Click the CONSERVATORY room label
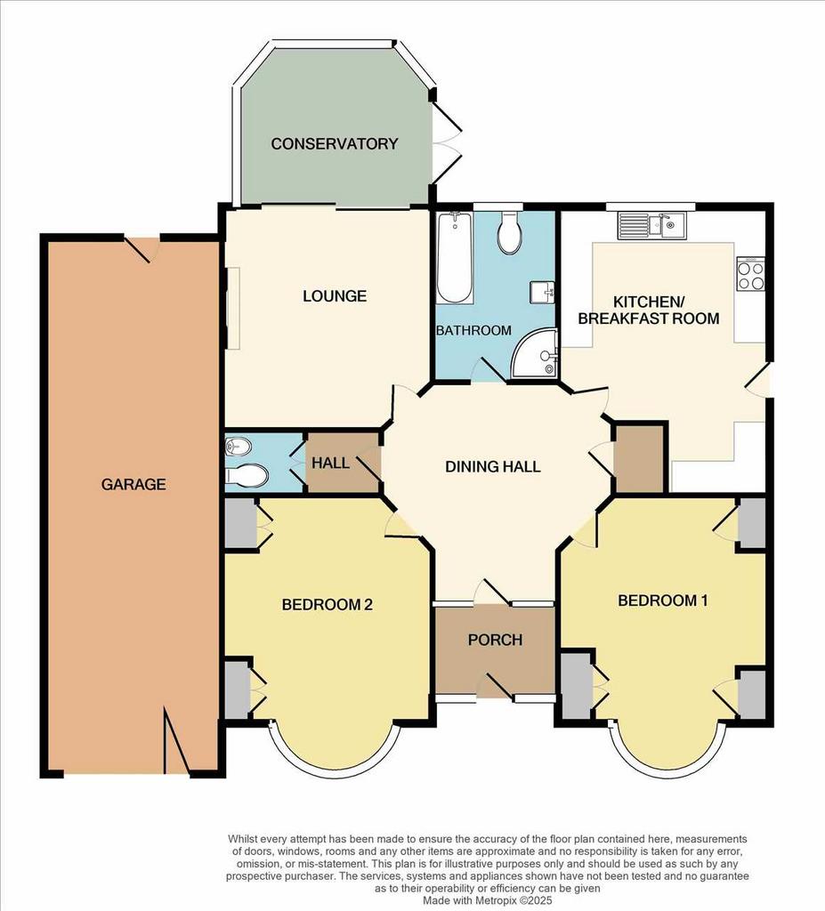pyautogui.click(x=334, y=143)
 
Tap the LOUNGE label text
pyautogui.click(x=334, y=295)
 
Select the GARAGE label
pyautogui.click(x=133, y=484)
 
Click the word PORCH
pyautogui.click(x=495, y=640)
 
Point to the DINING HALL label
pyautogui.click(x=493, y=466)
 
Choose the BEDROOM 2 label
pyautogui.click(x=327, y=605)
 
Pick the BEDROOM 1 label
pyautogui.click(x=663, y=601)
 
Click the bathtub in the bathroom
pyautogui.click(x=453, y=258)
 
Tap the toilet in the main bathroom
pyautogui.click(x=509, y=234)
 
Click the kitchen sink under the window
pyautogui.click(x=651, y=226)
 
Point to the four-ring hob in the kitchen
pyautogui.click(x=749, y=275)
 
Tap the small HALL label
pyautogui.click(x=328, y=464)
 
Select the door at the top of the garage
pyautogui.click(x=142, y=247)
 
